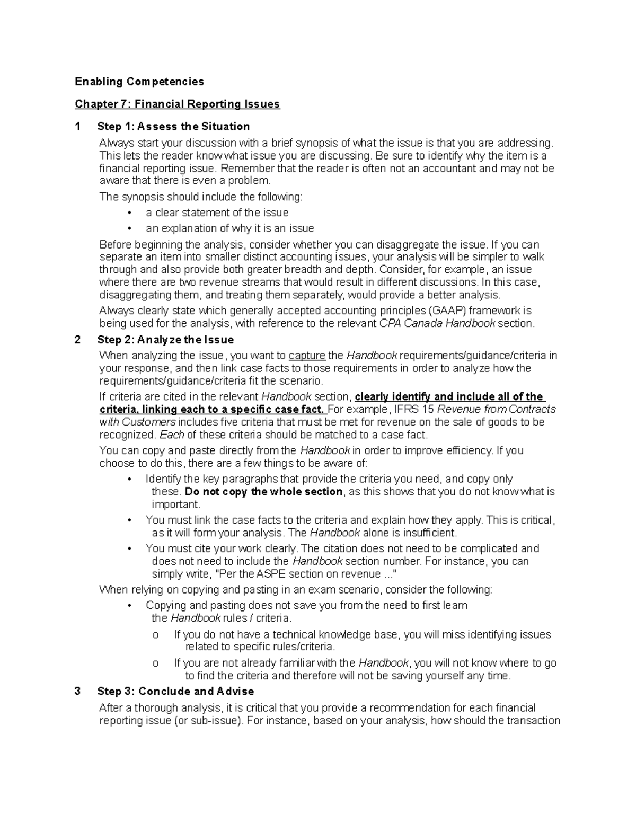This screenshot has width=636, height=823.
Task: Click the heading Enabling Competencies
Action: tap(139, 82)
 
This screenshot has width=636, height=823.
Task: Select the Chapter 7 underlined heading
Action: tap(177, 104)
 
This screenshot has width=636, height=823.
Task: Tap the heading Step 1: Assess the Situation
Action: tap(173, 127)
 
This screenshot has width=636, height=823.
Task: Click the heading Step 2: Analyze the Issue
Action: tap(165, 340)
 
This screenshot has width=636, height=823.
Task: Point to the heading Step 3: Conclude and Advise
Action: tap(175, 692)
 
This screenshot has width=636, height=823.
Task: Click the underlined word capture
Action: tap(307, 356)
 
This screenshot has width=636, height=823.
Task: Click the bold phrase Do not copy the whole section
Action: tap(264, 492)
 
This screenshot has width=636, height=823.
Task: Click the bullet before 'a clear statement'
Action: tap(129, 213)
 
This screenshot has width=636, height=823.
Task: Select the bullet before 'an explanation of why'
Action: tap(129, 229)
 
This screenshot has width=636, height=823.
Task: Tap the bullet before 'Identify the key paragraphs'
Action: tap(129, 480)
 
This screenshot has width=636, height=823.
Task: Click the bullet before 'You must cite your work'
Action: tap(129, 549)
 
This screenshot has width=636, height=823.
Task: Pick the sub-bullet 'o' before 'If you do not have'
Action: tap(155, 635)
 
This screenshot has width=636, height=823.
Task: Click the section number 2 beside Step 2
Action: tap(78, 340)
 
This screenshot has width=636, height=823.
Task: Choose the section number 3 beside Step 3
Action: tap(78, 692)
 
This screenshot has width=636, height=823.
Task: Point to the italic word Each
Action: tap(172, 435)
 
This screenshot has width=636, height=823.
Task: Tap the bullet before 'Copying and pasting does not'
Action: tap(129, 606)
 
